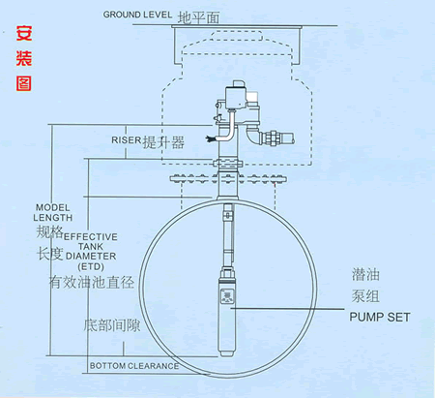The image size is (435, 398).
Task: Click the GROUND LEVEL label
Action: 137,15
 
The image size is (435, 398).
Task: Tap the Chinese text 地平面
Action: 198,17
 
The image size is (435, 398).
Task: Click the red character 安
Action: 24,33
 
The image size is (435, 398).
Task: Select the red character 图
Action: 24,83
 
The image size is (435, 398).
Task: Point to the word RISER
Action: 127,140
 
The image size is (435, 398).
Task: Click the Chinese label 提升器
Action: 163,142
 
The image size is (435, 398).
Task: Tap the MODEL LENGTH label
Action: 53,212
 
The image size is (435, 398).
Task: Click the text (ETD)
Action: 91,266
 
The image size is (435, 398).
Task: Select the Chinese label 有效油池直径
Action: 92,283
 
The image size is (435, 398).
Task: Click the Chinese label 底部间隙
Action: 112,325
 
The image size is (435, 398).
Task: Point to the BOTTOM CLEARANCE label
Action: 134,366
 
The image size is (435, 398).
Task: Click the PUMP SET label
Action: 380,317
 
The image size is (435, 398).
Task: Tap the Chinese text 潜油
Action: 365,275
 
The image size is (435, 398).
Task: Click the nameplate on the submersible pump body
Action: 227,297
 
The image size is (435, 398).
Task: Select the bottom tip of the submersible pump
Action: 226,355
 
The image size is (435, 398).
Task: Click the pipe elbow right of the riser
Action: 254,137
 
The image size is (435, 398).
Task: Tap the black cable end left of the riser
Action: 210,139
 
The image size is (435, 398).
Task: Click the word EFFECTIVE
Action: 91,237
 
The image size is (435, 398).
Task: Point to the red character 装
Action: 24,58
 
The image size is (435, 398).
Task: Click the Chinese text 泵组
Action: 365,296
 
